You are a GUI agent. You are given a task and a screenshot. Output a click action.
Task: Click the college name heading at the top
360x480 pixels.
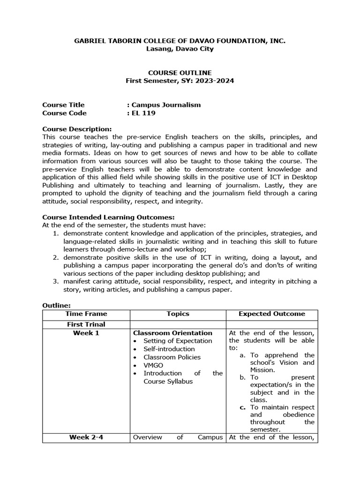click(180, 41)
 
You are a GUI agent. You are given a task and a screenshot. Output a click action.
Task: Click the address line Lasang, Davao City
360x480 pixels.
click(180, 49)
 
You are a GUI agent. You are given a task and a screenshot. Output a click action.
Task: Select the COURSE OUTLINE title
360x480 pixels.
click(180, 73)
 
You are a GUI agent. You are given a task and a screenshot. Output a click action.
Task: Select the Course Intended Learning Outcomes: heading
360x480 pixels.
click(108, 217)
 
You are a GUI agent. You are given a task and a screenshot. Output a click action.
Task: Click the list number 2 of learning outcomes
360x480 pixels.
click(55, 257)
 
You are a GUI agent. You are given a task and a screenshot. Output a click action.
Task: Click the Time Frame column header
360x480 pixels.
click(86, 314)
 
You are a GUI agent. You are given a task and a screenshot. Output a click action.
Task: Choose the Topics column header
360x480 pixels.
click(178, 314)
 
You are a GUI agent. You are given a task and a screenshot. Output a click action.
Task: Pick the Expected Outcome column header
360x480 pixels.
click(271, 314)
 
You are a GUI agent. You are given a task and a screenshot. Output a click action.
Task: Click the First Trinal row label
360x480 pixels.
click(86, 324)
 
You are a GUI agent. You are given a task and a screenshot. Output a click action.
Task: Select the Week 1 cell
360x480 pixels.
click(86, 333)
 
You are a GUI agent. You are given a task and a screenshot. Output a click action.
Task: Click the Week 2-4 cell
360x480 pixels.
click(86, 437)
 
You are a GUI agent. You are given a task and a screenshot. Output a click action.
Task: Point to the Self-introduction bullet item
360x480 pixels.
click(169, 349)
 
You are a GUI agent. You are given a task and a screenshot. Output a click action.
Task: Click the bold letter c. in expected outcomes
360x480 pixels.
click(242, 407)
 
